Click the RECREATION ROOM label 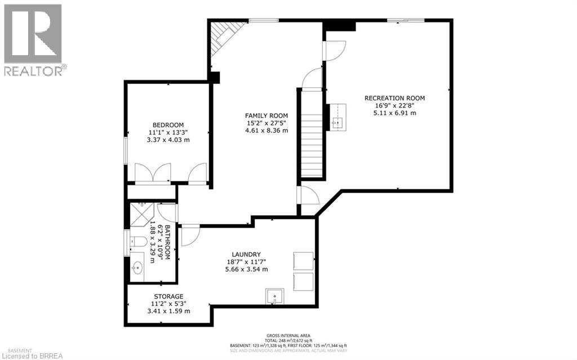[394, 98]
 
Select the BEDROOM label [168, 125]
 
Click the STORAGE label [168, 296]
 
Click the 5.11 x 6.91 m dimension [394, 113]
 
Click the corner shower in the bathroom [141, 212]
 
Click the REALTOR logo [33, 40]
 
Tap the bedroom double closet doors [153, 172]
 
